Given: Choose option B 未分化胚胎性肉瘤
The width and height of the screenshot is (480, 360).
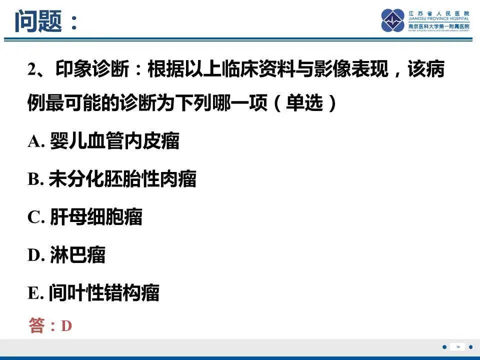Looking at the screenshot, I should tap(112, 179).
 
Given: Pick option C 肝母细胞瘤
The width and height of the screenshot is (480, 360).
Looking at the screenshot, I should tap(85, 217).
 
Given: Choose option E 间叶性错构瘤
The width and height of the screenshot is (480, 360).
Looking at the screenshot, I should tap(93, 293).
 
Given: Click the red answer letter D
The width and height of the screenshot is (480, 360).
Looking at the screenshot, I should tap(66, 326).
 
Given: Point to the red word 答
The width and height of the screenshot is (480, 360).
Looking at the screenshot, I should tap(37, 326).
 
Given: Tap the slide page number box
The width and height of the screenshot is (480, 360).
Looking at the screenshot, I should tap(457, 347).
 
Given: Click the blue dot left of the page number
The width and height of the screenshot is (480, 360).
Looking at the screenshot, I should tap(444, 347).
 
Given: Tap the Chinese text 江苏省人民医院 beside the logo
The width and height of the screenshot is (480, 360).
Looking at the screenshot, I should tap(438, 12).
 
